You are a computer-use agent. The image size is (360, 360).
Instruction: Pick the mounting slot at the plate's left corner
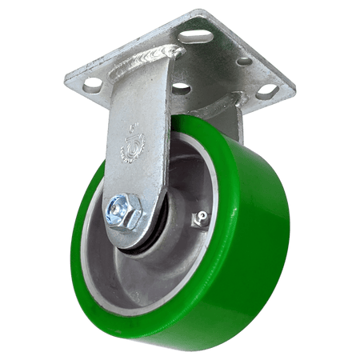click(93, 82)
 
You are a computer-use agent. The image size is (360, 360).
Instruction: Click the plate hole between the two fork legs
click(183, 86)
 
